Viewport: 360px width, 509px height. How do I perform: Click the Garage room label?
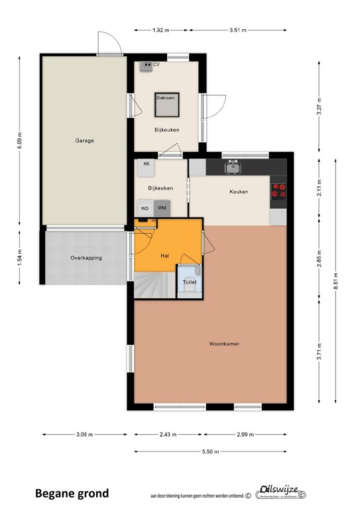point(84,141)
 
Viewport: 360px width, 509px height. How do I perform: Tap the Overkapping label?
point(86,258)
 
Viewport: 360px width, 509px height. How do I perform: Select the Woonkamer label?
point(224,344)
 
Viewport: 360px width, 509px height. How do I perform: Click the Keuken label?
point(239,192)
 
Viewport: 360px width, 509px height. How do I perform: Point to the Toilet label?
point(190,282)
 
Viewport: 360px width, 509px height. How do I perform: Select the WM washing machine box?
point(162,209)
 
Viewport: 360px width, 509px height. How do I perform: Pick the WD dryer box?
point(145,209)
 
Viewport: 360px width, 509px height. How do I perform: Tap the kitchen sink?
point(233,168)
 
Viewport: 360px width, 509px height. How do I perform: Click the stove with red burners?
point(278,191)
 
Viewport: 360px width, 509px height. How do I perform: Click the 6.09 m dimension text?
point(20,140)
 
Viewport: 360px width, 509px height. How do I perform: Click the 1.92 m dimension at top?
point(161,30)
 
